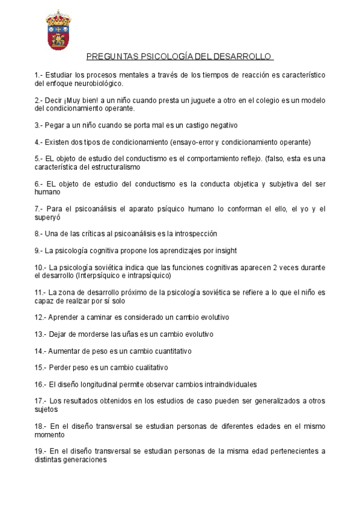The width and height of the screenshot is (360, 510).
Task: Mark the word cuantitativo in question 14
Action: [x=168, y=351]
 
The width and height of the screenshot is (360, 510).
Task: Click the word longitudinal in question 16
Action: [x=94, y=384]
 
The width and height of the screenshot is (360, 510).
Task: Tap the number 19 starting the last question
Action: [x=39, y=451]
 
